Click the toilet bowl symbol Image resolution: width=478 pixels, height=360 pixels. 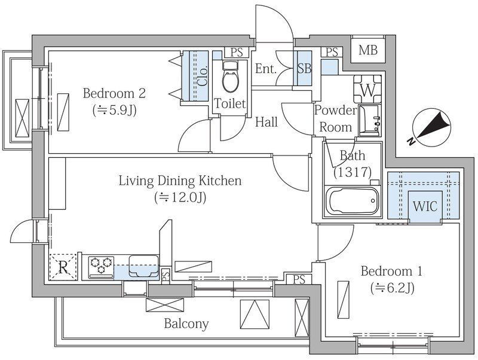(x=231, y=77)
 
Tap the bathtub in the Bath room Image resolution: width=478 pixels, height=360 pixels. (x=352, y=202)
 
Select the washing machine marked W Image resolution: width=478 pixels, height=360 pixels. (x=367, y=89)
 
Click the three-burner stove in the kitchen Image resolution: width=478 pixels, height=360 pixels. (x=101, y=267)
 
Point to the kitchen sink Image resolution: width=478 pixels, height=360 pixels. (x=144, y=266)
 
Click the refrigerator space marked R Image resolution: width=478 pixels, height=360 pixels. (x=63, y=267)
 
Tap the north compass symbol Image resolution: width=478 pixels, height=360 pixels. (x=430, y=127)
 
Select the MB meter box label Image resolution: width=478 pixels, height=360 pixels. (x=368, y=50)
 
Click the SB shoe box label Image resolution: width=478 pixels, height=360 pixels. (x=304, y=69)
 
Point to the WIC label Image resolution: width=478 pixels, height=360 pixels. (x=425, y=206)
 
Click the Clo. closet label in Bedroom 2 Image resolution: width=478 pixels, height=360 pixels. (x=203, y=75)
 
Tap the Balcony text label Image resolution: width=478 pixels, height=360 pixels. (x=186, y=324)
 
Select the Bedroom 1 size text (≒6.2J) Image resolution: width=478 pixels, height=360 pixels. (x=392, y=288)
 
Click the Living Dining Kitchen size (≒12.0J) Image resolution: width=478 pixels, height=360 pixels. (x=180, y=197)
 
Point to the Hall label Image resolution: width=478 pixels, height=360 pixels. (x=266, y=122)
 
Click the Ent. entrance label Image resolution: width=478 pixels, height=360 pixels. (x=265, y=69)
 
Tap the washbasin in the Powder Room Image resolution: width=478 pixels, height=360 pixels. (x=369, y=120)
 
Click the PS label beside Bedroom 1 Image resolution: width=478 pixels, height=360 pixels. (x=299, y=279)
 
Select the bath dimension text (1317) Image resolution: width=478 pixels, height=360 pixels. (x=353, y=172)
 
